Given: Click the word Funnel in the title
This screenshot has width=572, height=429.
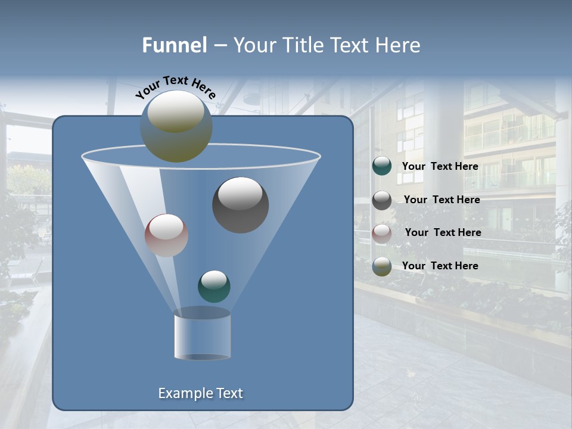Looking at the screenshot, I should coord(174,45).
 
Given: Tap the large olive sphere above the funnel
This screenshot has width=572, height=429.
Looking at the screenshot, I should coord(176,126).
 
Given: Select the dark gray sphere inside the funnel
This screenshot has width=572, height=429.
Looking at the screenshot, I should coord(240,205).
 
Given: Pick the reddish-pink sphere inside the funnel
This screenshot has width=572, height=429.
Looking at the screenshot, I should coord(166,235).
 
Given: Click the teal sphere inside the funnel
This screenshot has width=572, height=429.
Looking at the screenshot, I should coord(214,286).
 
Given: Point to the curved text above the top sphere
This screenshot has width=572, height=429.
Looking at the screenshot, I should coord(176,87).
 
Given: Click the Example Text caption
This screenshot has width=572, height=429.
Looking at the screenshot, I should coord(200,393).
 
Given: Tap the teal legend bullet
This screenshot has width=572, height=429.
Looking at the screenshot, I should coord(382,166).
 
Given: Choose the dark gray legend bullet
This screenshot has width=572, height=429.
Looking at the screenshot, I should coord(382,200).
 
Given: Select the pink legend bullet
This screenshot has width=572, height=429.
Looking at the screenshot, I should coord(382,233).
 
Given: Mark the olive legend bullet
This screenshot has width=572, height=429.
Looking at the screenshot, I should coord(382,266).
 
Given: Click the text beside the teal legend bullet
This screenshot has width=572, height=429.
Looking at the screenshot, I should coord(440,167).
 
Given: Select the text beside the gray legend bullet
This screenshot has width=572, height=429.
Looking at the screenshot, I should coord(442,200).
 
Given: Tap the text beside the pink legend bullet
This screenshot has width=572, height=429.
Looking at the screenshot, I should coord(443,232).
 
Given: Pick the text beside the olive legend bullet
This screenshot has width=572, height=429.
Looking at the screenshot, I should coord(440,266).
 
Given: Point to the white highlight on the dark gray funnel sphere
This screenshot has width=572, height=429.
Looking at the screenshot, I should coord(240,194).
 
